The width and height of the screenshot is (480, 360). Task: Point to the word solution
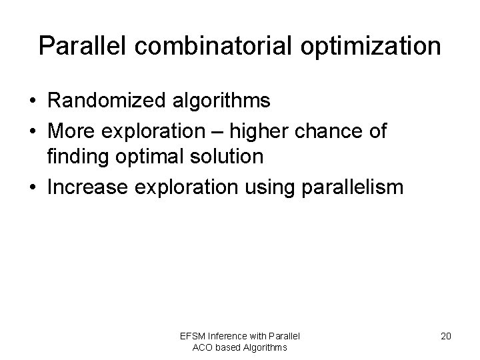point(230,157)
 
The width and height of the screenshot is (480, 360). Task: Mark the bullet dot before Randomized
point(32,102)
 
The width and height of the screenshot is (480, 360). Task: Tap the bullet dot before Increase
point(32,188)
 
